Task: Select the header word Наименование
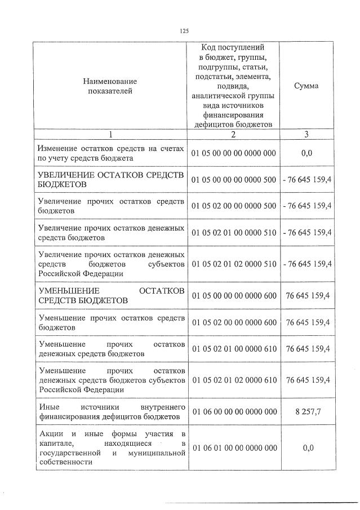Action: [x=110, y=82]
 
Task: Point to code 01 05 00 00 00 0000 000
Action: [x=234, y=153]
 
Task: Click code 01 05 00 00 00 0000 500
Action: [x=234, y=179]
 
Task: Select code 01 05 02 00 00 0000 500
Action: [x=234, y=205]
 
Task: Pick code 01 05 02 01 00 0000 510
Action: [x=234, y=232]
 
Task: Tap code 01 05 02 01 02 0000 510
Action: [x=234, y=264]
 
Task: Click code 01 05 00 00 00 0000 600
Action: [x=234, y=295]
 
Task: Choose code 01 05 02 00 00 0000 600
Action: [x=234, y=322]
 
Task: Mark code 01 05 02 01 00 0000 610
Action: [x=234, y=348]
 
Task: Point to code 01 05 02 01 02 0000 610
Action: [x=234, y=380]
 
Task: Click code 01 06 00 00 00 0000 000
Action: [x=234, y=411]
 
